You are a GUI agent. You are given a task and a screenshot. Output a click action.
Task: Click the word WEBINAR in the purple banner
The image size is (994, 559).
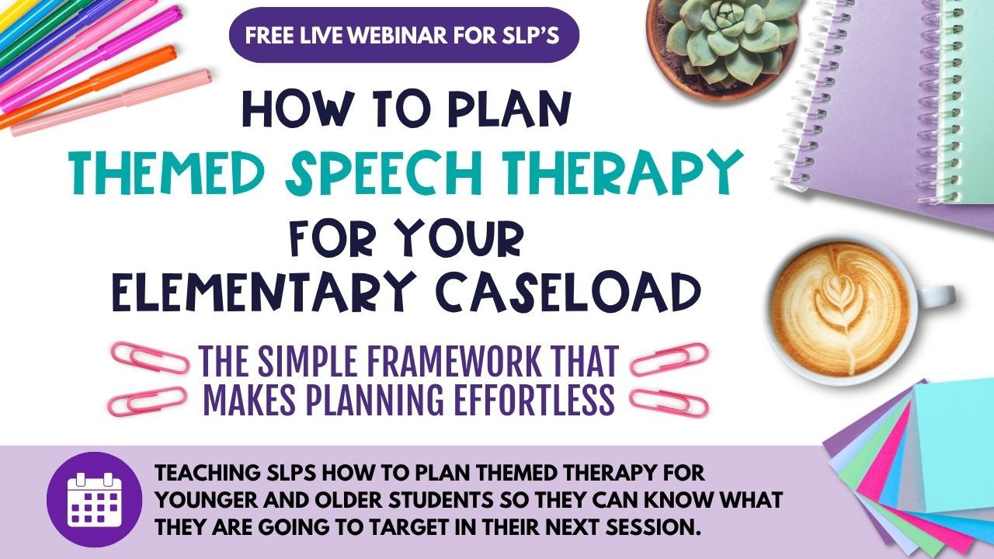(x=398, y=36)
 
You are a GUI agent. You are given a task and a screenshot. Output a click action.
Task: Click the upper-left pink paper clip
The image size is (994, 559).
(x=151, y=356)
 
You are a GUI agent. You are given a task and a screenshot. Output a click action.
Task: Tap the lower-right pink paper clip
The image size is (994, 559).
(x=669, y=403)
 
